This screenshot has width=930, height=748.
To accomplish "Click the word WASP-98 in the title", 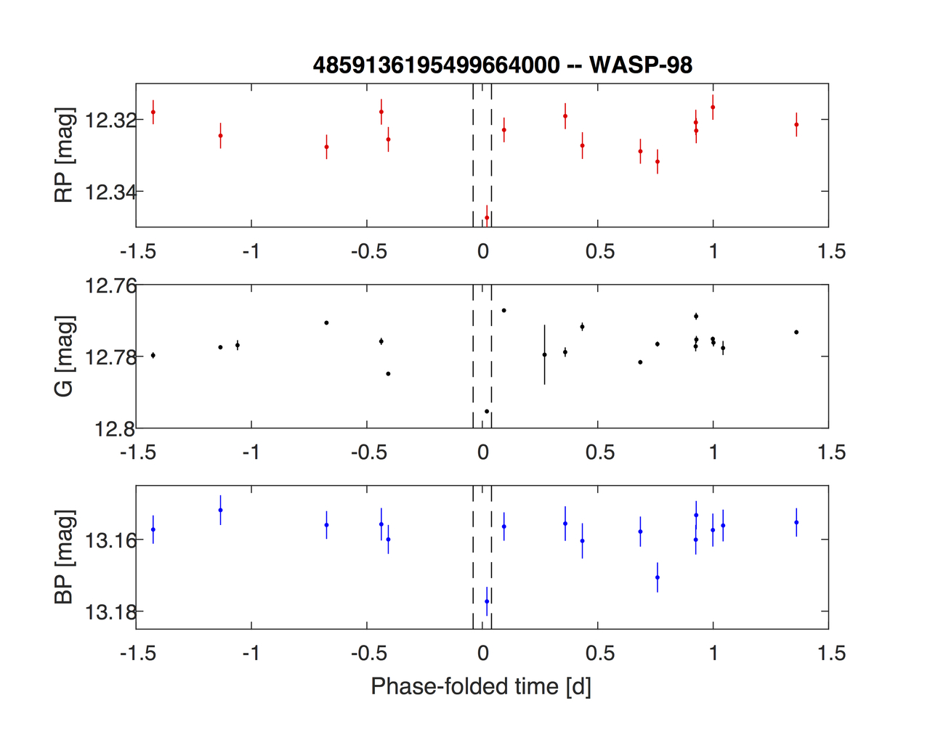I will tap(641, 65).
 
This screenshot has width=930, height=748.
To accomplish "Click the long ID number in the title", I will tap(436, 65).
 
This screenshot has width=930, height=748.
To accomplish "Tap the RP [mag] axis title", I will tap(65, 155).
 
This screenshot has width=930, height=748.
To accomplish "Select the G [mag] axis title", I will tap(65, 356).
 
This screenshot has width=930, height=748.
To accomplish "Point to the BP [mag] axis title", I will tap(65, 557).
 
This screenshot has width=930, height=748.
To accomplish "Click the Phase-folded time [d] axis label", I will tap(481, 686).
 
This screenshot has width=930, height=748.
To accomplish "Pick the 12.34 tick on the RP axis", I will tap(110, 192).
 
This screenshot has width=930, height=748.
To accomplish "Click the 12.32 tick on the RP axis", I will tap(110, 120).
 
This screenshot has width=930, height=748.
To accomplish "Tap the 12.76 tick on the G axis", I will tap(110, 286).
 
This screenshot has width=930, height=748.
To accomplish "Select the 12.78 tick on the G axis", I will tap(110, 357).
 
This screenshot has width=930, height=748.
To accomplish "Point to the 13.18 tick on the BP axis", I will tap(110, 612).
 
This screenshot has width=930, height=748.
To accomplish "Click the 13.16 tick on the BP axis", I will tap(110, 541).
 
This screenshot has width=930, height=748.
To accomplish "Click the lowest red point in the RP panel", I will tap(487, 217).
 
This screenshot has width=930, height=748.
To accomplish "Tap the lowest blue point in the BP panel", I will tap(487, 601).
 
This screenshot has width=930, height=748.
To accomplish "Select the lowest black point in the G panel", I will tap(487, 411).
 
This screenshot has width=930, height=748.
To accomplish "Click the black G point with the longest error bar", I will tap(544, 354).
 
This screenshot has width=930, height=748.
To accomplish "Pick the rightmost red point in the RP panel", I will tap(796, 124).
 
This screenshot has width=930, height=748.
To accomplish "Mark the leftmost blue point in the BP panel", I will tap(153, 529).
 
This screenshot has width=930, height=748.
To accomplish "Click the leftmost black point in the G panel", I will tap(153, 355).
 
